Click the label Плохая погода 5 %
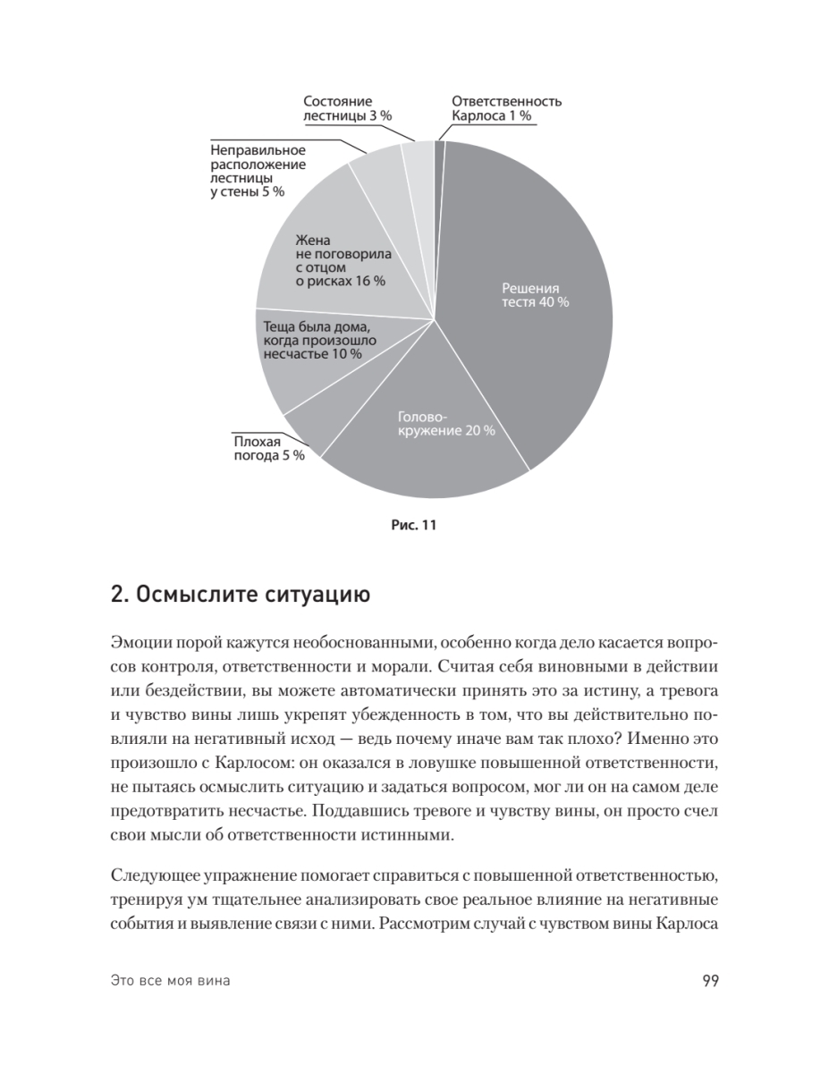pos(268,448)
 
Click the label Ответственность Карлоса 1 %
pos(506,108)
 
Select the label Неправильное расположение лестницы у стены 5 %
pos(258,171)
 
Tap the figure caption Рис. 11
pos(414,525)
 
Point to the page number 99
pos(711,981)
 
